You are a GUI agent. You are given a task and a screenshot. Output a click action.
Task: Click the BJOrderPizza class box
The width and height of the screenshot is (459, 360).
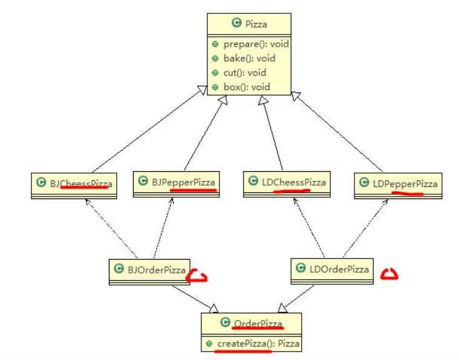tap(149, 270)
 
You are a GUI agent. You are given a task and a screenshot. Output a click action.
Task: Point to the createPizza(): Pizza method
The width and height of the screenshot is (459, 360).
tap(257, 344)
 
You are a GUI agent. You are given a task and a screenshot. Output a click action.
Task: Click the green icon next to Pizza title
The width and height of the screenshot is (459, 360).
tap(236, 24)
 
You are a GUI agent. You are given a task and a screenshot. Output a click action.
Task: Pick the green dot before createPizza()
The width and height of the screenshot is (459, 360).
tap(208, 344)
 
